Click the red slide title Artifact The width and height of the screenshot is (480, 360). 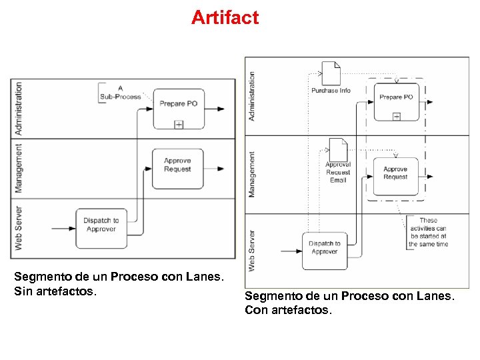click(x=225, y=17)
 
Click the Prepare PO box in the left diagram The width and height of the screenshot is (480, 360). click(x=178, y=107)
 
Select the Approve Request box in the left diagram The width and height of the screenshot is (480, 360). click(x=177, y=167)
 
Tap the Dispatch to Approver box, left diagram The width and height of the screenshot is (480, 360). click(x=101, y=225)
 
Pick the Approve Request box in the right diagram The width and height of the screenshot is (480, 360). click(x=395, y=176)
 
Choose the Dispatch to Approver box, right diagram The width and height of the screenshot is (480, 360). click(x=325, y=250)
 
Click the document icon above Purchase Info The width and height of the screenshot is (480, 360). click(x=331, y=73)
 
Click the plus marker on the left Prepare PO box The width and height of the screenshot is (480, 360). click(x=179, y=124)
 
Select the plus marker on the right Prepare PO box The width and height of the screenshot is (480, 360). click(x=396, y=117)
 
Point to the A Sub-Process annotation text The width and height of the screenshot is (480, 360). click(x=120, y=92)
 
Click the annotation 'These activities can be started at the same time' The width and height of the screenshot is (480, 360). click(x=428, y=232)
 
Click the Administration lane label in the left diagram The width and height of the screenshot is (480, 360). click(x=19, y=108)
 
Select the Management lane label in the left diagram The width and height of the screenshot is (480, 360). click(x=19, y=168)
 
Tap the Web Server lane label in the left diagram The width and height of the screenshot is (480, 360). click(x=19, y=227)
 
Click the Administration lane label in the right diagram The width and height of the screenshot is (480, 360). click(x=252, y=96)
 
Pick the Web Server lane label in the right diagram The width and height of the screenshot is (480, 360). click(x=252, y=251)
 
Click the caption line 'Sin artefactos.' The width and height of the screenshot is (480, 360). click(x=55, y=291)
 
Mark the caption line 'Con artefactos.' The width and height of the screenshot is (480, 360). click(x=287, y=310)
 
